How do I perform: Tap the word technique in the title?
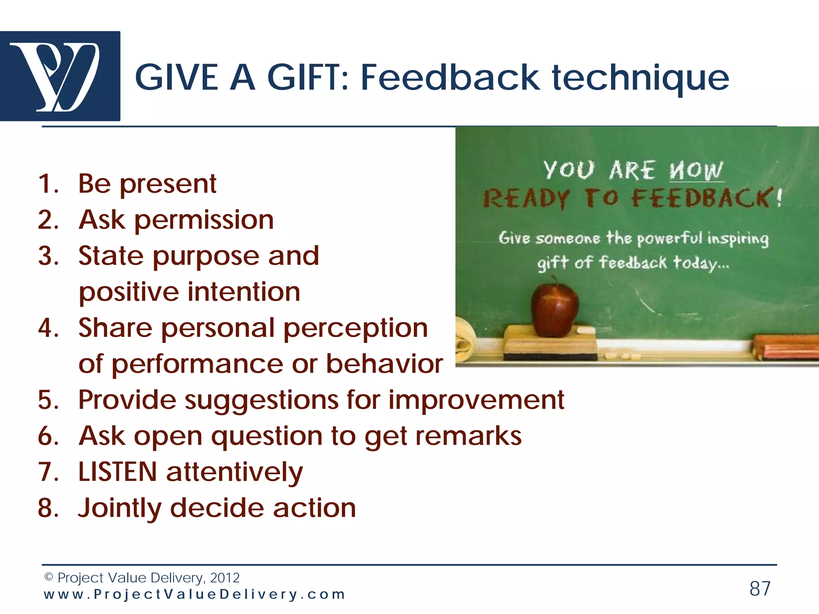pos(641,78)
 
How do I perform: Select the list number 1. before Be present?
pos(48,184)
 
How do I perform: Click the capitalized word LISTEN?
pos(118,472)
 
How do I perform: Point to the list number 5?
pos(48,400)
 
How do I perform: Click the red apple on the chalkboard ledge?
pos(555,310)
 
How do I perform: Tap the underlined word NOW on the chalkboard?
pos(696,171)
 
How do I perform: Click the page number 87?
pos(760,589)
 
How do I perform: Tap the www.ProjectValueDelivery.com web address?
pos(194,594)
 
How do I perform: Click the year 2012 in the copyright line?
pos(225,578)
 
